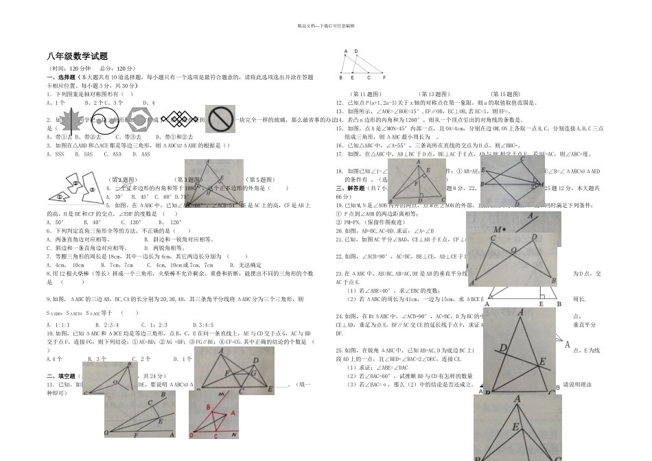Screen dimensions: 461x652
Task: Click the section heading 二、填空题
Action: click(60, 376)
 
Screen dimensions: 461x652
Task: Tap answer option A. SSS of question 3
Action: click(54, 154)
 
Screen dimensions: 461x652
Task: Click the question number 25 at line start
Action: click(338, 350)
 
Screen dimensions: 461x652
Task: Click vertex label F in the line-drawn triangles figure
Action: click(384, 78)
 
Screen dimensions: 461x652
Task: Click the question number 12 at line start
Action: click(338, 102)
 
